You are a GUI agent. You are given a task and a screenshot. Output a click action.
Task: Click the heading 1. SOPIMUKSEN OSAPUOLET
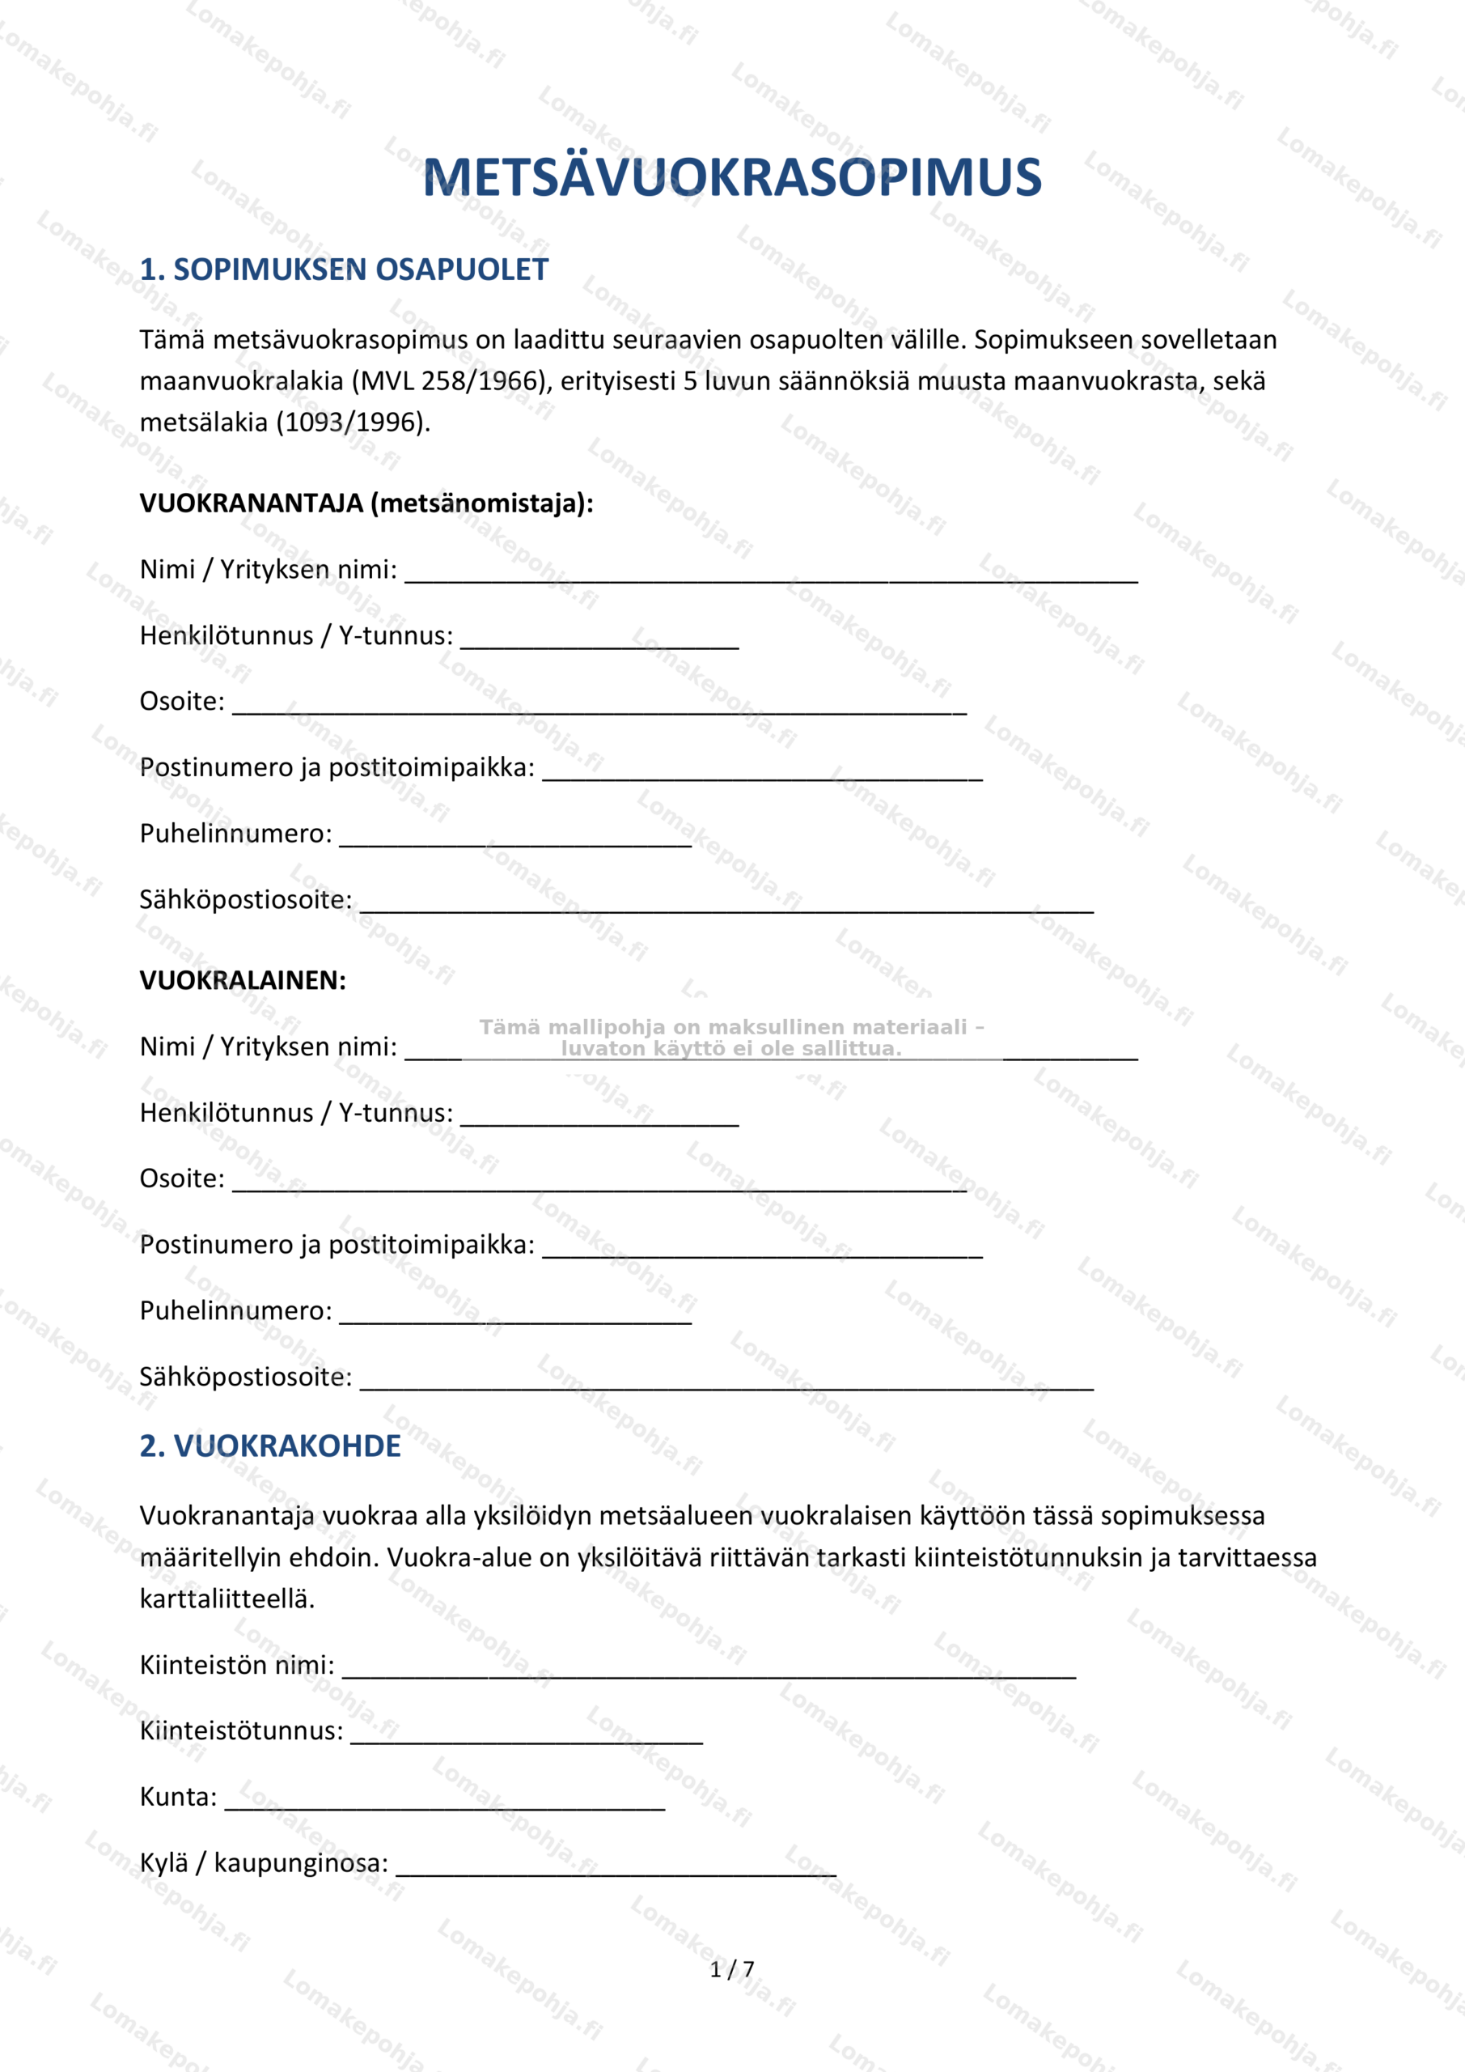[344, 270]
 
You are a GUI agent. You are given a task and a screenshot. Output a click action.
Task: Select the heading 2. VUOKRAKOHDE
[269, 1446]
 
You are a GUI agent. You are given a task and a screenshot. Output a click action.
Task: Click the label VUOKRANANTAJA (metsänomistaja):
[366, 503]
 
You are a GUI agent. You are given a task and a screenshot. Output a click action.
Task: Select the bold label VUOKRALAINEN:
[243, 980]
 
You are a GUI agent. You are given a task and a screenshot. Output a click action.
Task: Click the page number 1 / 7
[731, 1969]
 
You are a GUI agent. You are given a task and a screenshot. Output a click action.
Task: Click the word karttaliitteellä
[227, 1599]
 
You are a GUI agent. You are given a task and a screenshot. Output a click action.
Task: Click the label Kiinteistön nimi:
[236, 1665]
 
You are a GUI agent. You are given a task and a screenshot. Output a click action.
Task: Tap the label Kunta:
[178, 1797]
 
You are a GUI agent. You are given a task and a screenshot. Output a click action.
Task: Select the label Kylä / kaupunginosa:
[264, 1862]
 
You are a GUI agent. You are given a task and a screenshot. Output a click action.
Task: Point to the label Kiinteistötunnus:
[241, 1731]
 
